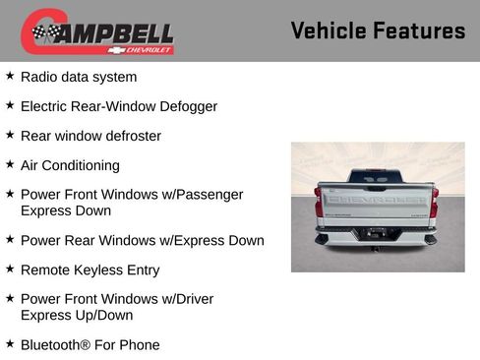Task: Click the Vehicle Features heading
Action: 378,30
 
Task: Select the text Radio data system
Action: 79,77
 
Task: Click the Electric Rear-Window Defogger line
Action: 118,106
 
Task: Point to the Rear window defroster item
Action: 90,136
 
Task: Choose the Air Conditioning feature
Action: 70,165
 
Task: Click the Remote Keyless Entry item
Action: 90,270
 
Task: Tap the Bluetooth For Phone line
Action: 90,345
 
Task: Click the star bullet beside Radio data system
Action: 10,76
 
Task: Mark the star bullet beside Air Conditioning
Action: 10,164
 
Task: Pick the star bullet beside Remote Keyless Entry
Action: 10,269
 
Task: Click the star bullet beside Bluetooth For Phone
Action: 10,344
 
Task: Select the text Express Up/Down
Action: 77,316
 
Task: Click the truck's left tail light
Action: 319,201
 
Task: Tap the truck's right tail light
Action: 434,201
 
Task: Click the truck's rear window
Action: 376,176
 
